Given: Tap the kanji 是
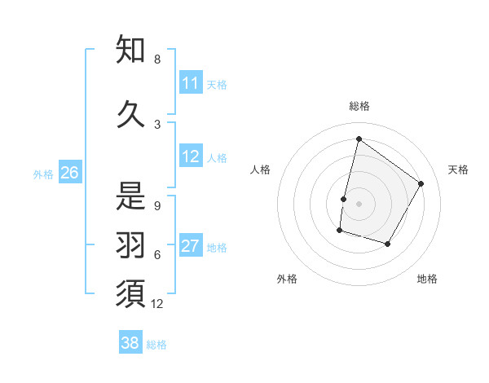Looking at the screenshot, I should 130,195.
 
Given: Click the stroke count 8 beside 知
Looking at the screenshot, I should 157,59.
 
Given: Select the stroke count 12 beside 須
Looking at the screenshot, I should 157,304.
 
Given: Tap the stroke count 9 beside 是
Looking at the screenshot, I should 157,206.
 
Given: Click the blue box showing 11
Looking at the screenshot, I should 191,83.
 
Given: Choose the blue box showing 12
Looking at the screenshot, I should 191,156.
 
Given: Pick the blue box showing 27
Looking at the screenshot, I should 191,246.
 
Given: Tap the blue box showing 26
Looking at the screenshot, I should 70,172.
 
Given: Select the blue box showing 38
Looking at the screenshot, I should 130,343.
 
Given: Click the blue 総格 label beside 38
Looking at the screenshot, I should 156,345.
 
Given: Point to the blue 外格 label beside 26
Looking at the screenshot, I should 43,174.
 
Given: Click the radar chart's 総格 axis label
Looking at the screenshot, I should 359,106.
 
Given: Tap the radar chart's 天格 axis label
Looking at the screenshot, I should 458,169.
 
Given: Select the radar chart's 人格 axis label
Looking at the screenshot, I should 260,169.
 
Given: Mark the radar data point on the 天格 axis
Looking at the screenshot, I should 421,183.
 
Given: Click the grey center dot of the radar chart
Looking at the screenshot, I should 359,204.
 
